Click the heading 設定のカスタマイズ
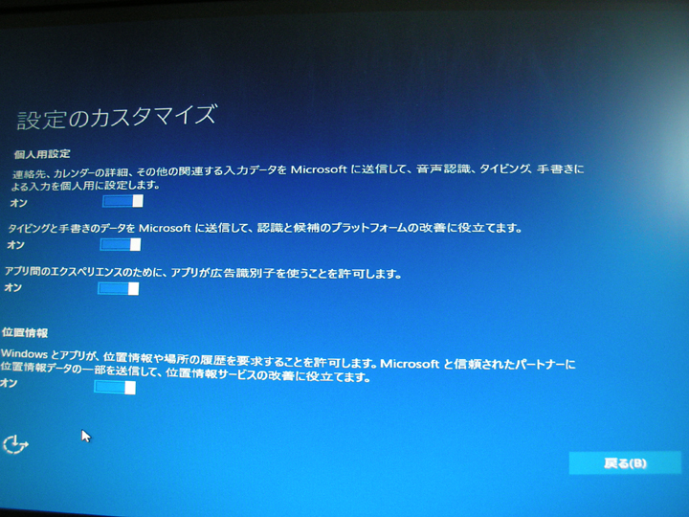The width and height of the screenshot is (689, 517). coord(117,117)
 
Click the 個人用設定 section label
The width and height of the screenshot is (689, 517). coord(42,154)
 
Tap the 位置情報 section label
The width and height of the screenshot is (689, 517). coord(25,333)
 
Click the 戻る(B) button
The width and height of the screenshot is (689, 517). coord(625,463)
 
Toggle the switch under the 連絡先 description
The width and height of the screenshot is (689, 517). coord(122,201)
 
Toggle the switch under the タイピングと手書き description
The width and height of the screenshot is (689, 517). coord(121,244)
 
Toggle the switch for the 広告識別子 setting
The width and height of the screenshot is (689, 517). coord(119,288)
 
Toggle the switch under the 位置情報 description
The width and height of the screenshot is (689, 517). coord(115,388)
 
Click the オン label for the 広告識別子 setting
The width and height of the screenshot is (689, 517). coord(12,287)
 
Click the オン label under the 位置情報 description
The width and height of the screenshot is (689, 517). coord(9,383)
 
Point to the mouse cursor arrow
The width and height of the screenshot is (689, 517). coord(85,436)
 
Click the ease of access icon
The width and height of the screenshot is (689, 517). coord(15,444)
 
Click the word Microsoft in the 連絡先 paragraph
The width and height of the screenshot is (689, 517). coord(319,169)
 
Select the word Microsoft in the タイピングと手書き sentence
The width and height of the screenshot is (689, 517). coord(165,228)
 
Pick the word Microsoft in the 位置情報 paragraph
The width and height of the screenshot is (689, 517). coord(410,364)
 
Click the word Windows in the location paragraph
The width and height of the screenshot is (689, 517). coord(24,354)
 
